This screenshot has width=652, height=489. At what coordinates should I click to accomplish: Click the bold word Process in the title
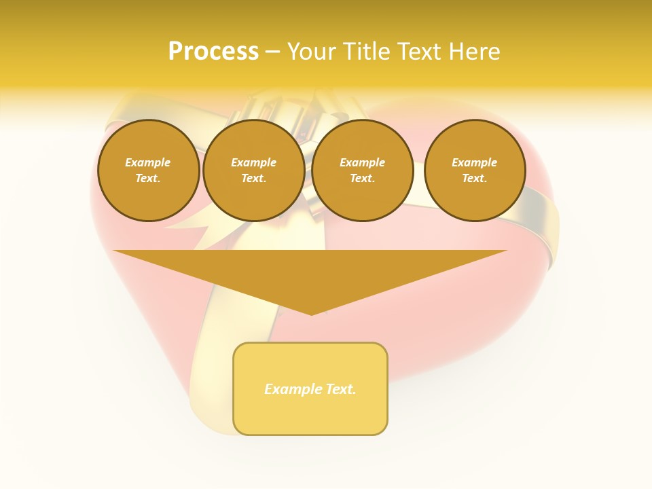click(213, 52)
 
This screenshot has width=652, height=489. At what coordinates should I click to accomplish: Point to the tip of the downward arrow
click(311, 314)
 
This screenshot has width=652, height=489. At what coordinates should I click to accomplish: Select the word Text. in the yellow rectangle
click(340, 389)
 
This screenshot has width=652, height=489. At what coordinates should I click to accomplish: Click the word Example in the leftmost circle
click(148, 162)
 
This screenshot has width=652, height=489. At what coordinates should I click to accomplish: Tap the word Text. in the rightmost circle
click(474, 178)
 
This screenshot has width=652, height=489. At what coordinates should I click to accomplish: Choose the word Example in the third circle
click(362, 162)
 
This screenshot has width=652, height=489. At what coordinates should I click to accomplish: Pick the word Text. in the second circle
click(253, 178)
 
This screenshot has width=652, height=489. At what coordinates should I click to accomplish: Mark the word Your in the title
click(310, 52)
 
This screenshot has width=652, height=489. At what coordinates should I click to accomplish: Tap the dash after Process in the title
click(272, 52)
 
